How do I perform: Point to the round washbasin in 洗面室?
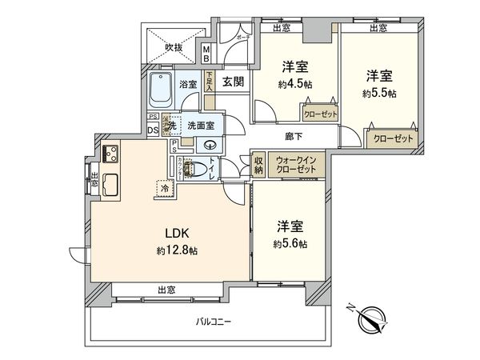[x=210, y=145]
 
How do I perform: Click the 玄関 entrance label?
[x=233, y=82]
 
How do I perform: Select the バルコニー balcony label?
[x=214, y=321]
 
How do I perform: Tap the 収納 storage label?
[x=259, y=165]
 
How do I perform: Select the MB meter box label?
[x=206, y=54]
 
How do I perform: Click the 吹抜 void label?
[x=174, y=47]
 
